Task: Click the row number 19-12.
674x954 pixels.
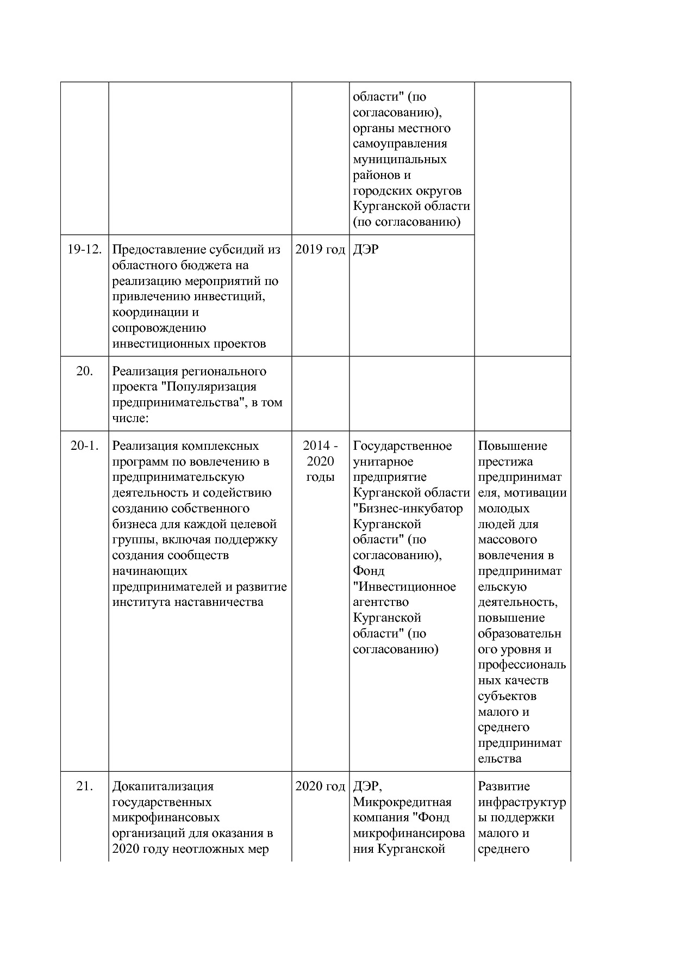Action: (x=84, y=250)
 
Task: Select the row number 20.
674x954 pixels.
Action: (x=84, y=371)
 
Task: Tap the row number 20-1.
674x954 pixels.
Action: (x=84, y=446)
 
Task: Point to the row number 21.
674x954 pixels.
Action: (x=84, y=786)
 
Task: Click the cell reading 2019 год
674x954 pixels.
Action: (x=320, y=250)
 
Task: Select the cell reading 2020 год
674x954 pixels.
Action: (x=320, y=786)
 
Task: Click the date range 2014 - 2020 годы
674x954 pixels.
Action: (x=320, y=461)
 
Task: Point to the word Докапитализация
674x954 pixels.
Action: (x=163, y=786)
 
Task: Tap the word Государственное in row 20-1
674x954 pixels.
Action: (x=402, y=446)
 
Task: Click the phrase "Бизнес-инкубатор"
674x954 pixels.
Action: (x=408, y=509)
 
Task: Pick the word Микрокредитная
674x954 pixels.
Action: (x=402, y=802)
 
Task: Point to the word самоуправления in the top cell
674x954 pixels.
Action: (x=400, y=144)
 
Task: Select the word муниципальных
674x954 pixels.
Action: (x=400, y=159)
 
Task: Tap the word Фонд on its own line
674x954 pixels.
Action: (x=369, y=571)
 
